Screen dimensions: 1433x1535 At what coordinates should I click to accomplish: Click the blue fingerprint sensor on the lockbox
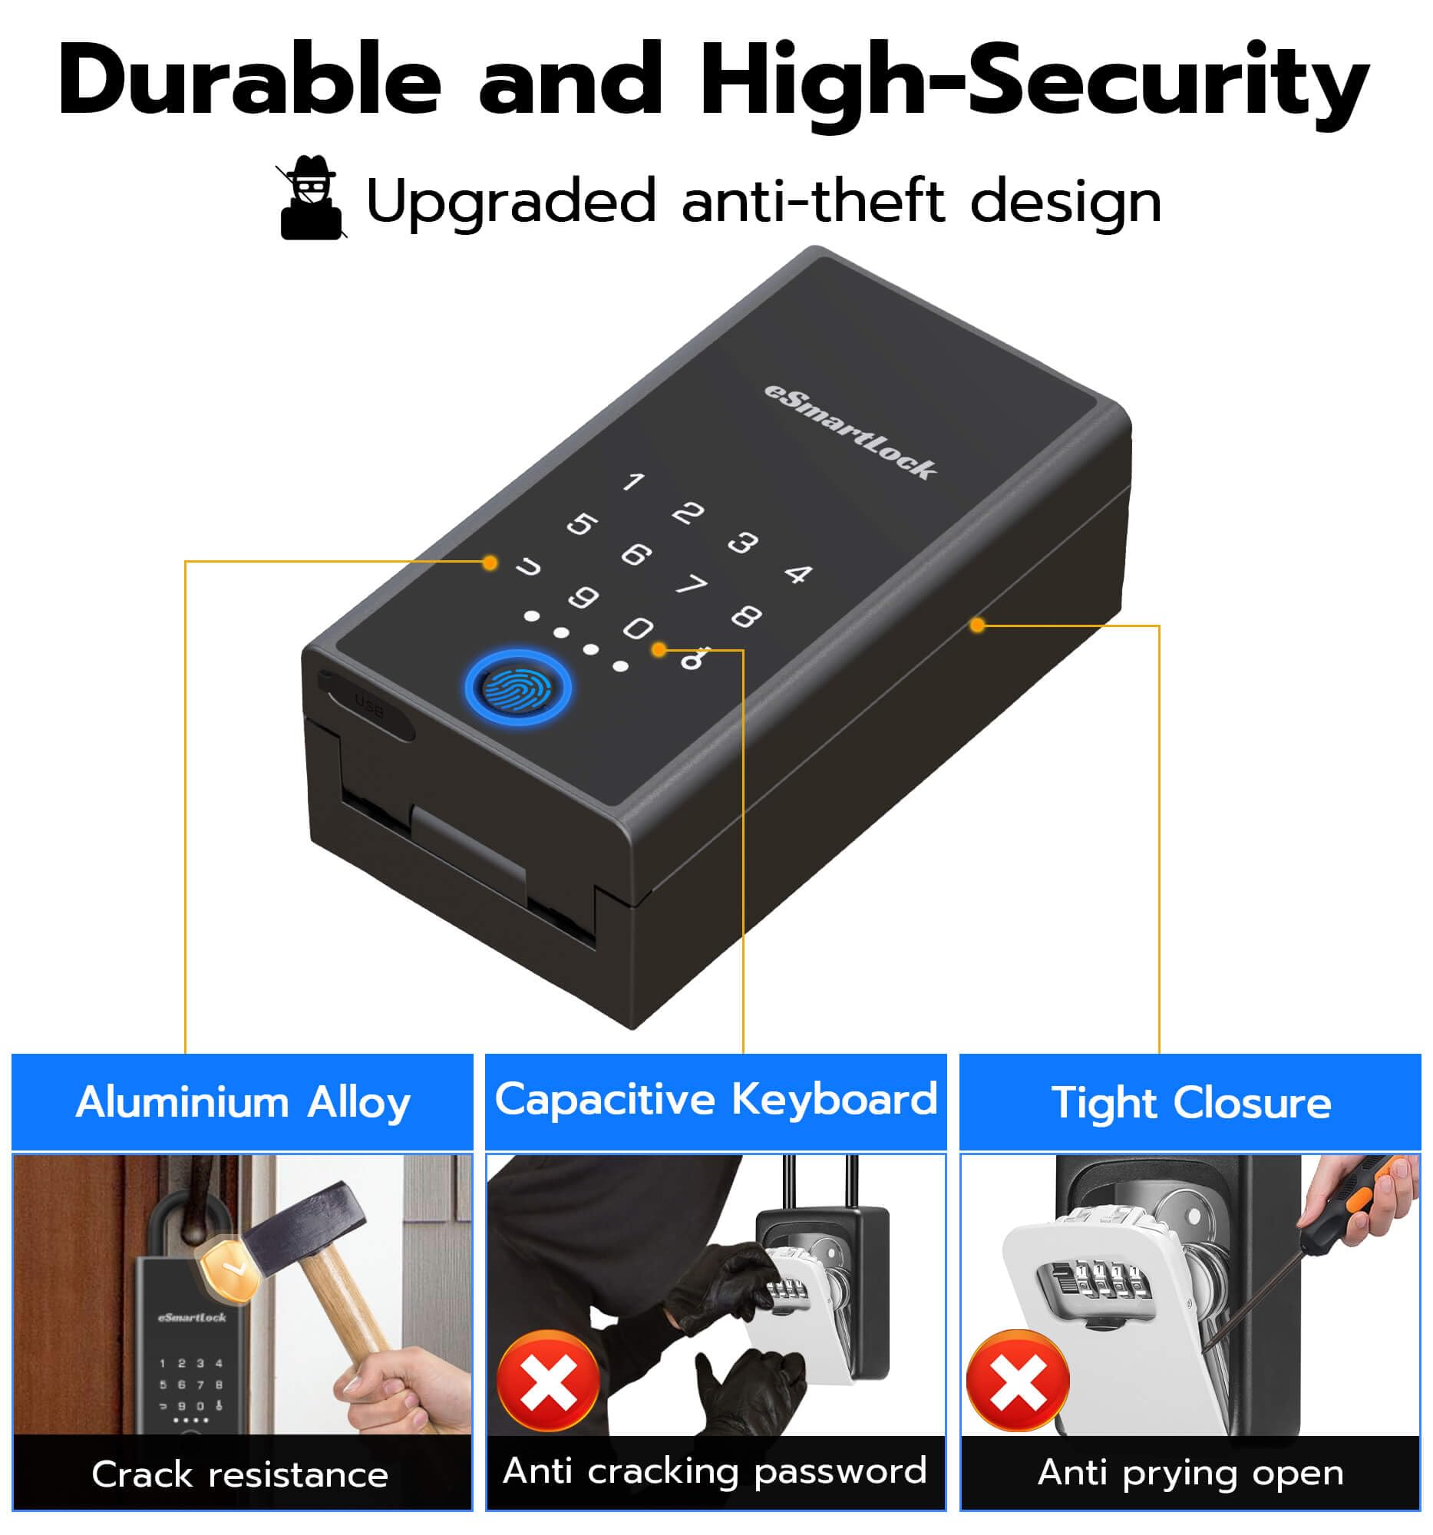[x=518, y=688]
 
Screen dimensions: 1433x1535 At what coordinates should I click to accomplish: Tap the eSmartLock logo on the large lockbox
[x=850, y=431]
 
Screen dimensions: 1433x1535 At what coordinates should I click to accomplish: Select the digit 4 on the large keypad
[x=798, y=573]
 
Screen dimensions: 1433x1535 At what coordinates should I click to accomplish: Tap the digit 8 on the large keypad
[x=746, y=616]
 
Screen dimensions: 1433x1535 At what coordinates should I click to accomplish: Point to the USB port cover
[x=368, y=705]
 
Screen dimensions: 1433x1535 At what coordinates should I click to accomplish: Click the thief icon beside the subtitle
[x=310, y=198]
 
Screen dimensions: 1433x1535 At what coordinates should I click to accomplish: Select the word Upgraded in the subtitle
[x=510, y=203]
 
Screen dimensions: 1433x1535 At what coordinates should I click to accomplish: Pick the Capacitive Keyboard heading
[x=715, y=1100]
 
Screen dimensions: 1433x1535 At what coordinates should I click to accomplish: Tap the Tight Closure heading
[x=1190, y=1103]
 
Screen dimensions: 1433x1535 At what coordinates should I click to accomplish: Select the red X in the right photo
[x=1018, y=1381]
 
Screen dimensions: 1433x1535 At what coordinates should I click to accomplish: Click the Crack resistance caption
[x=240, y=1476]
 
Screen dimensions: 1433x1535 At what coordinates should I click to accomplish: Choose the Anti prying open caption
[x=1190, y=1474]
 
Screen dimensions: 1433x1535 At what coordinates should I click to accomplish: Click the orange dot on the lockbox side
[x=978, y=625]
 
